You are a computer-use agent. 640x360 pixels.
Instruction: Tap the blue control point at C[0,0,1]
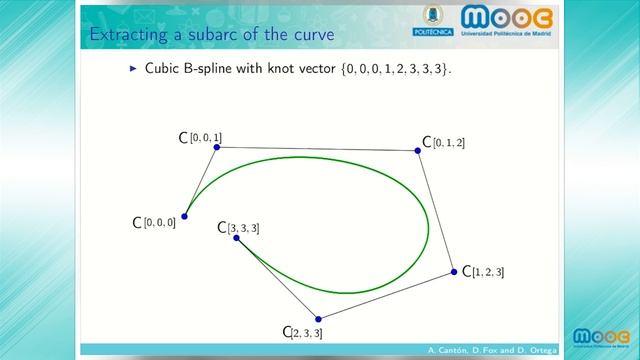(217, 147)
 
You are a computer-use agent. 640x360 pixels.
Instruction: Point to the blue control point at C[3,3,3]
(235, 238)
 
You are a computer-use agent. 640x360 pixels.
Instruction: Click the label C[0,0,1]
(200, 137)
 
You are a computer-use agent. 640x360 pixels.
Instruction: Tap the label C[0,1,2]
(443, 143)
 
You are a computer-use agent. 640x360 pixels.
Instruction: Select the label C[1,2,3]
(483, 272)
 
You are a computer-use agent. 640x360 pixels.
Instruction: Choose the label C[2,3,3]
(302, 332)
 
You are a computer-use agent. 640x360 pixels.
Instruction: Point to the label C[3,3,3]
(238, 228)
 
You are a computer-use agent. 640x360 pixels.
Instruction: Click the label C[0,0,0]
(154, 222)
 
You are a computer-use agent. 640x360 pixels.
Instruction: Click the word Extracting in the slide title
(125, 37)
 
